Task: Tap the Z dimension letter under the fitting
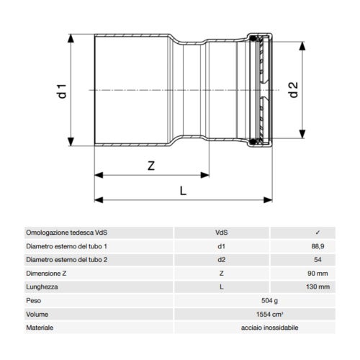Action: tap(151, 165)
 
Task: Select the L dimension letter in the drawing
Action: tap(182, 190)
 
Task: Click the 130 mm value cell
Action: tap(317, 287)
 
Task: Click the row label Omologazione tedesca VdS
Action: tap(71, 233)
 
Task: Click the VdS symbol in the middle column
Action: tap(222, 233)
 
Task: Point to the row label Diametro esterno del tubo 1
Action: tap(71, 246)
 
